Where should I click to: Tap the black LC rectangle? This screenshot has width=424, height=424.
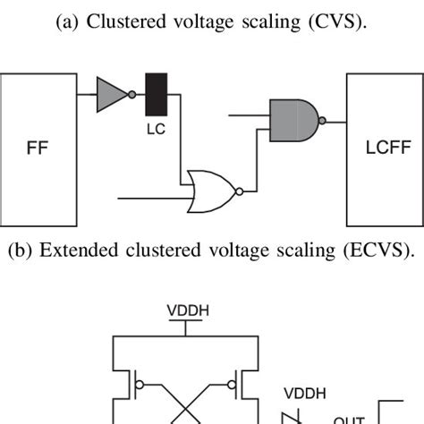pos(157,96)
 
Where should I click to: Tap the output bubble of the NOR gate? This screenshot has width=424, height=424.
pos(237,191)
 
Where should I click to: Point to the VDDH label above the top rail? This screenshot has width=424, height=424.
pos(187,311)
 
